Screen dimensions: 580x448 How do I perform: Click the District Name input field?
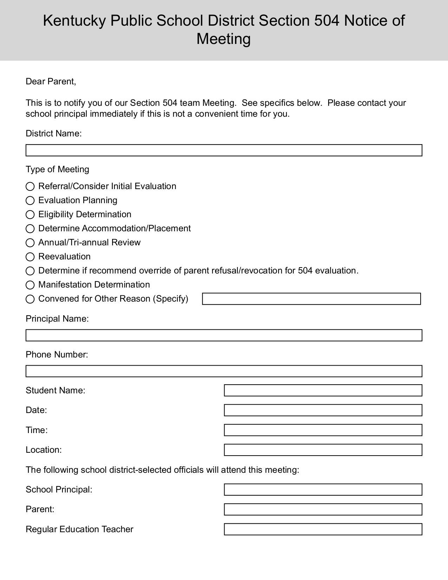224,150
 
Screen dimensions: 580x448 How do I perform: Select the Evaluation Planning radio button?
30,200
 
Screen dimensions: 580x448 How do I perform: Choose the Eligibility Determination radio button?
30,214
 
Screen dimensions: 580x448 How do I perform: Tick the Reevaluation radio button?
30,257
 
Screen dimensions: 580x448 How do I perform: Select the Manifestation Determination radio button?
30,285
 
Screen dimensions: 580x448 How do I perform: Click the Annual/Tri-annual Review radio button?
30,243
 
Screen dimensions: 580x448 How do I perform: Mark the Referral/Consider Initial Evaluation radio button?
30,186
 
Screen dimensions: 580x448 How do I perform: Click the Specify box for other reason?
311,299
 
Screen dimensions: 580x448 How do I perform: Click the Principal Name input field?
224,335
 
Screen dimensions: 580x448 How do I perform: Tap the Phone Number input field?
224,371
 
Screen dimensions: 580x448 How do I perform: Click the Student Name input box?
323,390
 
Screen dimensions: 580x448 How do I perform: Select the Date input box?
323,410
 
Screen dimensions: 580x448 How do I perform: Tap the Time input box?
323,430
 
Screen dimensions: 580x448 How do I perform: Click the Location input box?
323,450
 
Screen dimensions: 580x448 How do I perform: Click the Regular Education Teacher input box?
323,529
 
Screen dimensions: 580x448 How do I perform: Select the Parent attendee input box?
323,509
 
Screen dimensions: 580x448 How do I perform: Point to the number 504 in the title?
327,21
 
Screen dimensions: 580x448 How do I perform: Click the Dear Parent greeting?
51,82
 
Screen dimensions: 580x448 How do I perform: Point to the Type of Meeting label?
57,169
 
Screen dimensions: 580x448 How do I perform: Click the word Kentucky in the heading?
74,21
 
